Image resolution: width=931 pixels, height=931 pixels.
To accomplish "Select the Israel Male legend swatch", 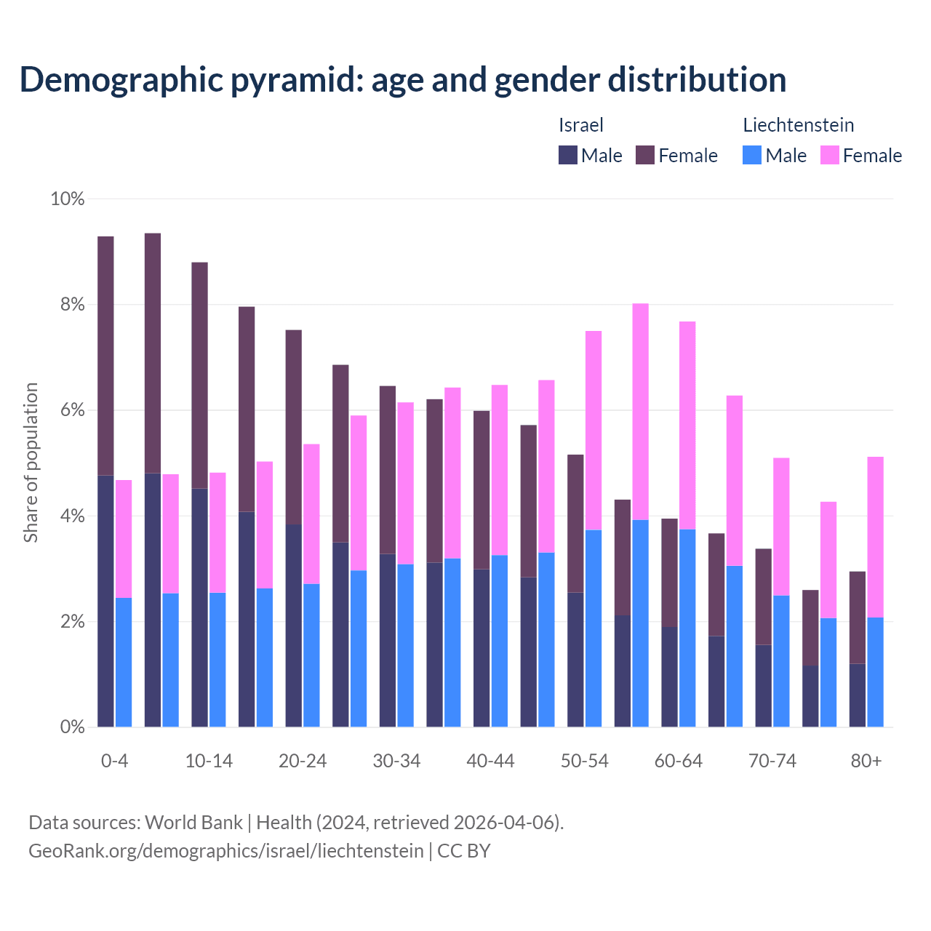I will (568, 155).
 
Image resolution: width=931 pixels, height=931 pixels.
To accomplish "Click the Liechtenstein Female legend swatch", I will (830, 155).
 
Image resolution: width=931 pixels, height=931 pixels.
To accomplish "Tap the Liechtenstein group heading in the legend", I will (798, 125).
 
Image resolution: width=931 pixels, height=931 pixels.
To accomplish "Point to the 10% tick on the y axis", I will (67, 199).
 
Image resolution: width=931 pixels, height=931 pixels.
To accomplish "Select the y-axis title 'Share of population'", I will (31, 463).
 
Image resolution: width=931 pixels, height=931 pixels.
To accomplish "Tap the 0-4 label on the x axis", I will (114, 762).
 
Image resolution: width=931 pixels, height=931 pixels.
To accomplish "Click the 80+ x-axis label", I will (866, 762).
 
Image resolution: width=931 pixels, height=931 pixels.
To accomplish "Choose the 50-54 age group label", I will (584, 762).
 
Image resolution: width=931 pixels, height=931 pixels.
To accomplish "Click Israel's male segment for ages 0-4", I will (105, 600).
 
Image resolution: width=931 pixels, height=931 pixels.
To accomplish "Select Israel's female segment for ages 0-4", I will (105, 356).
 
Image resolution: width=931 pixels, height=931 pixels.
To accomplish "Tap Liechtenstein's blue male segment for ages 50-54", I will (594, 628).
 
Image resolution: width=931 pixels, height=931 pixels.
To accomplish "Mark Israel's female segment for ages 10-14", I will (199, 375).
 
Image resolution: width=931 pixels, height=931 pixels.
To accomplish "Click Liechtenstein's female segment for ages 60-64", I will (687, 425).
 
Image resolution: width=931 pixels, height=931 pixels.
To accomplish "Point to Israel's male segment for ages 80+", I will (858, 695).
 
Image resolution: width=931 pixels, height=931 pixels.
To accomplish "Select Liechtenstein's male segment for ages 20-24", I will (311, 655).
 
